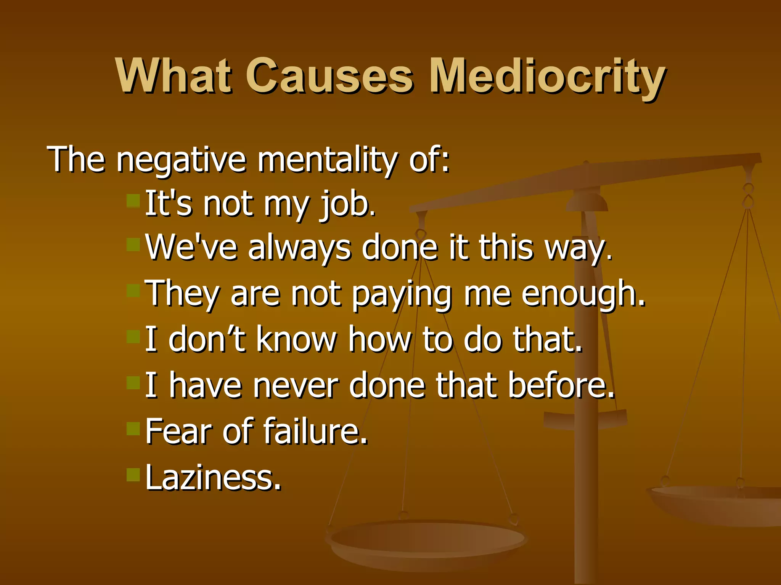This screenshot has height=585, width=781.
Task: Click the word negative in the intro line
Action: click(181, 160)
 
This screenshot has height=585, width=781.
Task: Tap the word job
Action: click(347, 205)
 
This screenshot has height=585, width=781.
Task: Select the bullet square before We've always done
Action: click(133, 245)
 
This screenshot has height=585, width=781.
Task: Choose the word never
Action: click(295, 385)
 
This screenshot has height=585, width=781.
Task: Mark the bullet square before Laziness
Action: click(133, 475)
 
